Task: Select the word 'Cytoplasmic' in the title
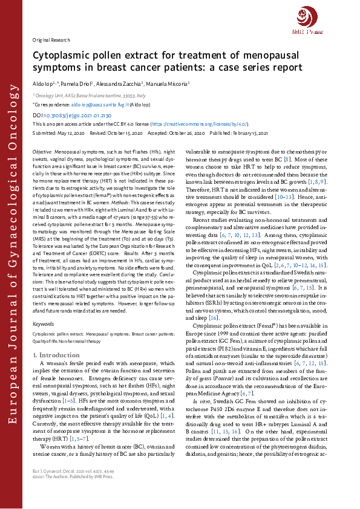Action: (x=61, y=54)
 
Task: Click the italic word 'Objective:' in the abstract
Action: (x=42, y=151)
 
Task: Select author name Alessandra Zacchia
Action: (x=120, y=83)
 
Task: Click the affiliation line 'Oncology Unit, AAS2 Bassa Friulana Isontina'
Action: (x=79, y=96)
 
